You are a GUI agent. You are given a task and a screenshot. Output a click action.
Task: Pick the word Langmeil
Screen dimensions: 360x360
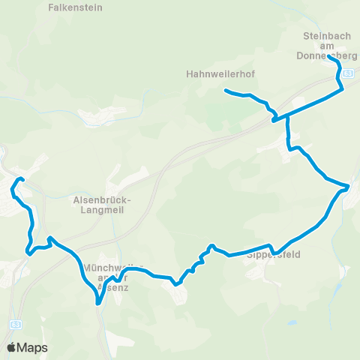(x=103, y=211)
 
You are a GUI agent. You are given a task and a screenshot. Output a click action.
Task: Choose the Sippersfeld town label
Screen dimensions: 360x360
(x=273, y=255)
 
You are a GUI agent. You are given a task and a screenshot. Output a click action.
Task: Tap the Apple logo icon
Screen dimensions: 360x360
(x=11, y=347)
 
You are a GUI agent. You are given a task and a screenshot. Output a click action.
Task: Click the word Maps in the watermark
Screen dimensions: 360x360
(x=33, y=347)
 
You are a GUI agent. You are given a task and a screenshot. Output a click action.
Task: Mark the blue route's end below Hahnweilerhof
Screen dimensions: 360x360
(x=225, y=91)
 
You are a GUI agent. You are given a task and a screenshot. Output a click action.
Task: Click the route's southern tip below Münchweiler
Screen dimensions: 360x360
(x=97, y=303)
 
